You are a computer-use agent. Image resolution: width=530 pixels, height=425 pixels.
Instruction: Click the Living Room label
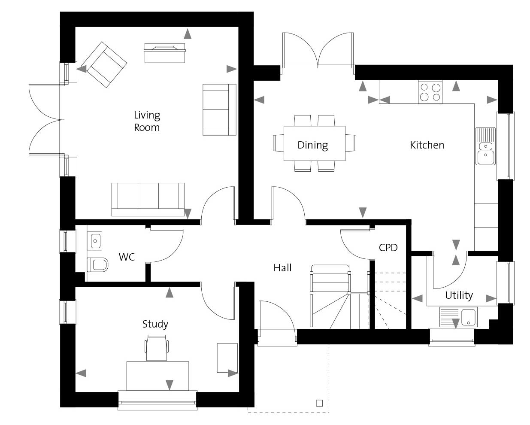click(x=147, y=121)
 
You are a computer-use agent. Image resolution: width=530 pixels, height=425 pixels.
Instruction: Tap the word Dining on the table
click(x=312, y=145)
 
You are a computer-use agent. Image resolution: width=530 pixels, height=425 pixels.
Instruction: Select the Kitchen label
click(x=427, y=145)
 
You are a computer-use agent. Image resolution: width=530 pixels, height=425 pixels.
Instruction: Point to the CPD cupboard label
click(x=388, y=248)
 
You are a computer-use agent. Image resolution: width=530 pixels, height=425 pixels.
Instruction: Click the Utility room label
click(x=459, y=295)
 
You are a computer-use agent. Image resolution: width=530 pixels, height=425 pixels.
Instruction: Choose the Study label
click(x=155, y=324)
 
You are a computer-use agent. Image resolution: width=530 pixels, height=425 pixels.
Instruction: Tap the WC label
click(x=127, y=257)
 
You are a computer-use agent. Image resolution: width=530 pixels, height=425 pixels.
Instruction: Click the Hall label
click(x=282, y=268)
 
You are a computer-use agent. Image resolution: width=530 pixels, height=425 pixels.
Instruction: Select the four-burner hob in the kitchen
click(x=430, y=92)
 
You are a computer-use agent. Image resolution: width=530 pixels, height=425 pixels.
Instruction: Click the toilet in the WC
click(x=97, y=264)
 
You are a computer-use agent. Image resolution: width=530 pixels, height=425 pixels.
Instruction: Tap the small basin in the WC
click(x=94, y=241)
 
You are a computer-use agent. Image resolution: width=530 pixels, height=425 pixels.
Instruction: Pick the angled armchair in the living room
click(x=104, y=64)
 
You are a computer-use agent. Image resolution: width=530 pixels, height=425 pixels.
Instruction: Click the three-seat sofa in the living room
click(x=148, y=200)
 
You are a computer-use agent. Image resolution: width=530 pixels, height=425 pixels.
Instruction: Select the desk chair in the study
click(x=157, y=348)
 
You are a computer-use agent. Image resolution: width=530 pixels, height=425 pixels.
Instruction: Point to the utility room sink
click(x=458, y=317)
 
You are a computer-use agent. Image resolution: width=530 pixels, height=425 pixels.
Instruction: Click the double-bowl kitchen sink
click(x=485, y=146)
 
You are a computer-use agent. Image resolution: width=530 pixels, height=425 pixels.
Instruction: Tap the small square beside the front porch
click(x=319, y=403)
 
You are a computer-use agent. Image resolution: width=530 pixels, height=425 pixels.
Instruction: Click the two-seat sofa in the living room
click(x=219, y=109)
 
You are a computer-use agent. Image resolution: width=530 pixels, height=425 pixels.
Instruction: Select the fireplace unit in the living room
click(x=165, y=53)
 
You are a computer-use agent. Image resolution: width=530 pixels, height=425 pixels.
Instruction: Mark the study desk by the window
click(x=157, y=376)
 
